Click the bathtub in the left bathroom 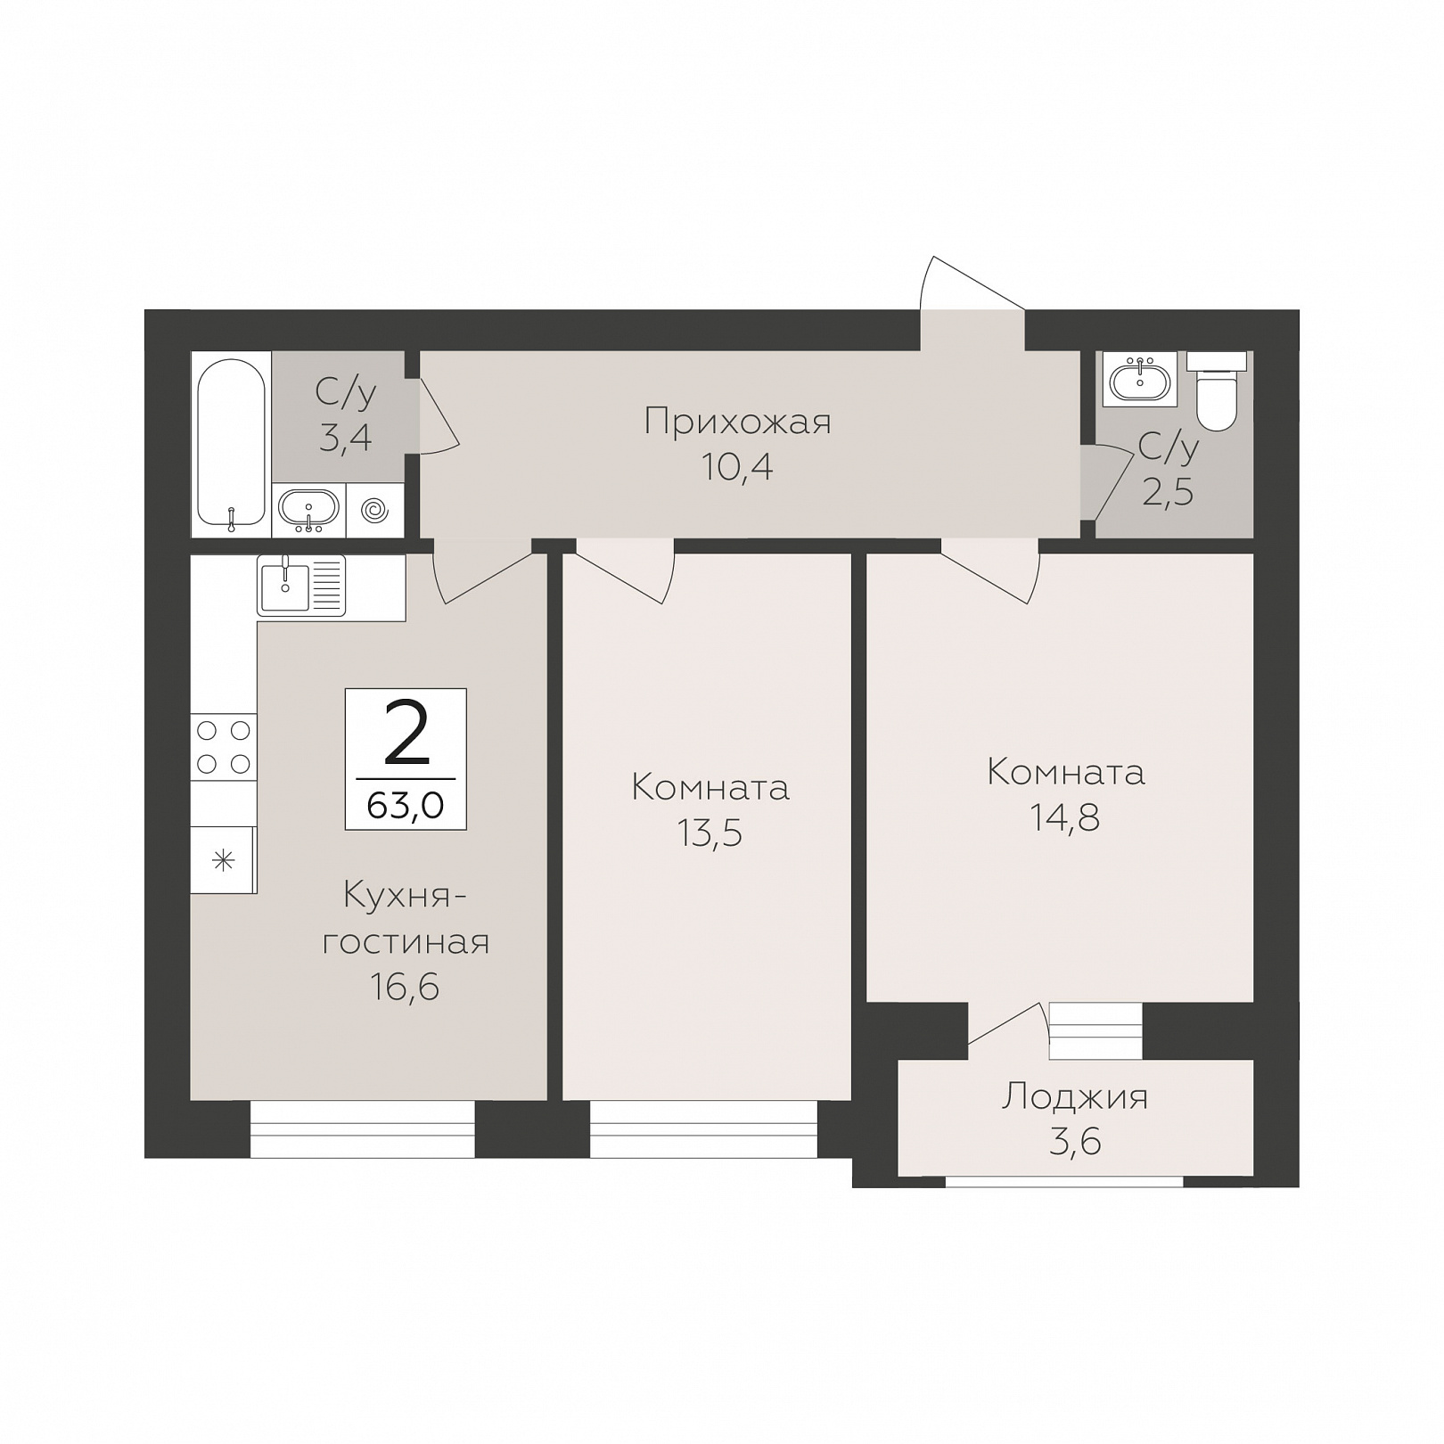[x=231, y=444]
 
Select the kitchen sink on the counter [x=301, y=585]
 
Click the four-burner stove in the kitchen [x=224, y=747]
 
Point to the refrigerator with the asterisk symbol [x=224, y=860]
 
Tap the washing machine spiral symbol [x=375, y=511]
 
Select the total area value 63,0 [x=406, y=806]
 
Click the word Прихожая [x=737, y=422]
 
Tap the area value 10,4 [x=737, y=467]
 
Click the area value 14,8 [x=1065, y=817]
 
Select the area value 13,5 [x=710, y=833]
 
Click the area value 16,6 [x=406, y=987]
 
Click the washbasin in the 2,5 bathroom [x=1139, y=381]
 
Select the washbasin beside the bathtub [x=308, y=511]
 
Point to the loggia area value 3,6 [x=1075, y=1142]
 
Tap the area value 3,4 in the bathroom [x=346, y=438]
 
